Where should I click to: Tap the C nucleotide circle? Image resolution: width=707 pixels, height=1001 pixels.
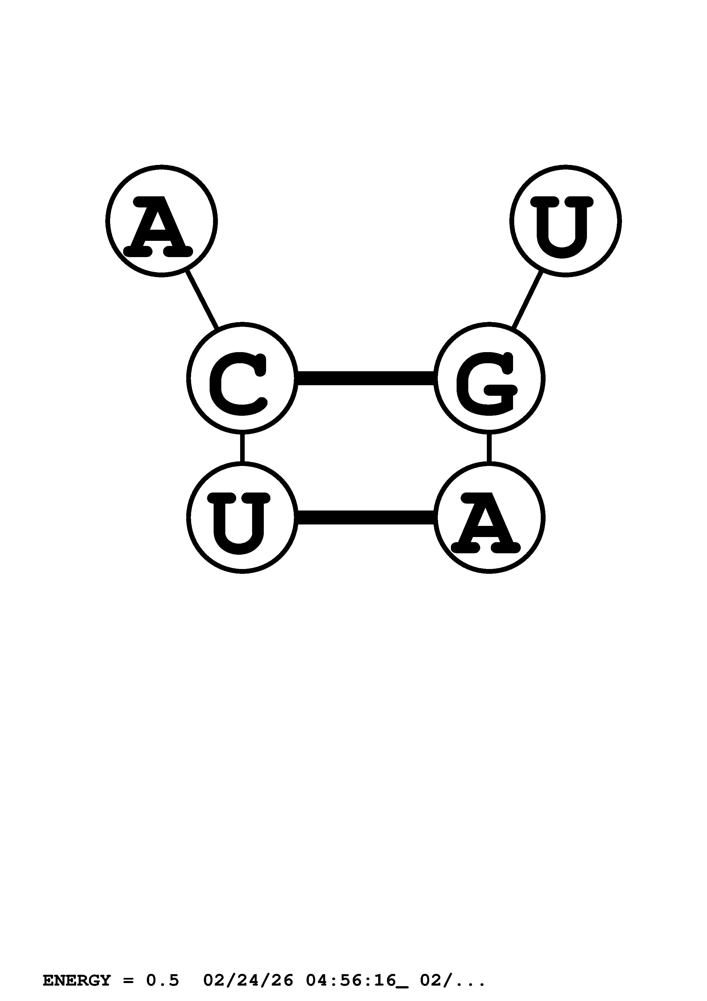click(242, 378)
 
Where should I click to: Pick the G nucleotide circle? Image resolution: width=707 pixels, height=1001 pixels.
click(489, 378)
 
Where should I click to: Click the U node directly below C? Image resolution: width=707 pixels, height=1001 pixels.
click(242, 518)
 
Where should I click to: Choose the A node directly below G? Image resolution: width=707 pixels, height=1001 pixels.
click(489, 518)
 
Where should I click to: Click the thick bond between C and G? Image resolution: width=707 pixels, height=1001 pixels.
click(366, 378)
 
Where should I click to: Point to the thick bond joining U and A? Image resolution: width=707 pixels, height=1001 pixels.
click(366, 518)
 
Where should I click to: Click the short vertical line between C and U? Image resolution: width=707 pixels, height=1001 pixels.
click(242, 448)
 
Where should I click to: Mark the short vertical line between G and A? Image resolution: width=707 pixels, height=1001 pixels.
click(489, 448)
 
